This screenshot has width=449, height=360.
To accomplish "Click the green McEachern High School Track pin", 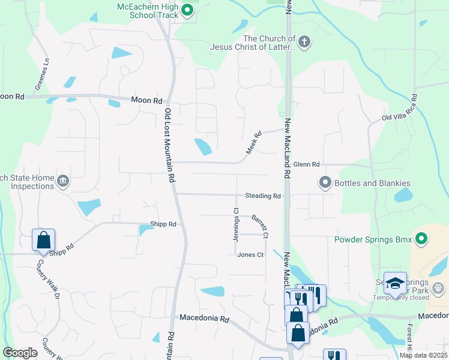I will click(x=187, y=10).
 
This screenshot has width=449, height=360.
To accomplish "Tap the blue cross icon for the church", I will click(x=304, y=42).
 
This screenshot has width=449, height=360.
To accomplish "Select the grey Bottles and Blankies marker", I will click(x=325, y=182).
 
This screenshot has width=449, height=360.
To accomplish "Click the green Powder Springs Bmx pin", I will click(x=421, y=240).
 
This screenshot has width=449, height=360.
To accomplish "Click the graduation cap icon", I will click(x=396, y=283).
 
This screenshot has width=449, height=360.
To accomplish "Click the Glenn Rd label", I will click(x=307, y=164).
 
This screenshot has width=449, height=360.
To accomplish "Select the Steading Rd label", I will click(x=262, y=196).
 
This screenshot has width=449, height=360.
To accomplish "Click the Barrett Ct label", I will click(x=259, y=226).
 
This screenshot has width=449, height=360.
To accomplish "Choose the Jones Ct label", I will click(x=250, y=254).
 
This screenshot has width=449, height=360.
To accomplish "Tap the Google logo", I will click(x=20, y=353).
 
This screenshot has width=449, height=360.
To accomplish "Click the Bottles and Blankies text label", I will click(x=373, y=183).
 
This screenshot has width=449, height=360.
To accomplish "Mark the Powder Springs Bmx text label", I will click(x=373, y=240).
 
